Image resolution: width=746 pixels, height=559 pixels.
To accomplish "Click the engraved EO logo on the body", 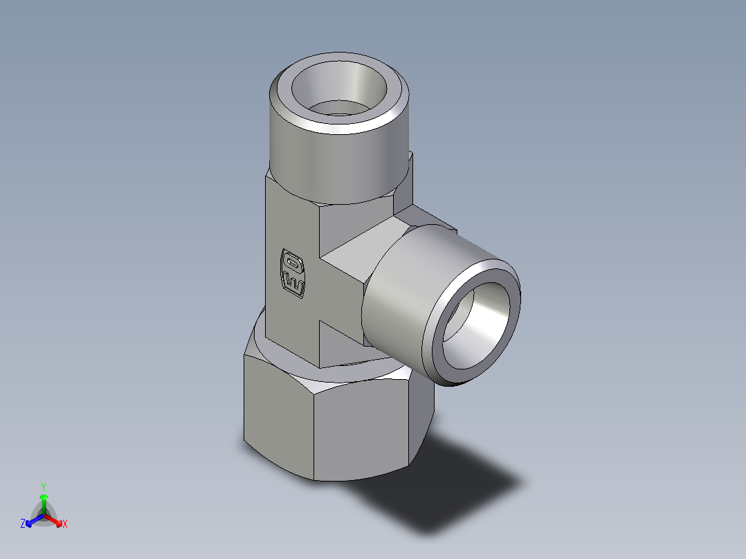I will pos(292,273).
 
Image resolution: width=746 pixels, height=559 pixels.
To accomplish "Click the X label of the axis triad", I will pos(65,524).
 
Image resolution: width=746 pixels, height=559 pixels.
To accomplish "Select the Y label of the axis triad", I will pos(44,486).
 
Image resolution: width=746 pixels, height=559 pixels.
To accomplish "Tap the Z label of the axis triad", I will pos(23,524).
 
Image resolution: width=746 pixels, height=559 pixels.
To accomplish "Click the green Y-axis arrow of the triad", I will pos(44,501).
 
